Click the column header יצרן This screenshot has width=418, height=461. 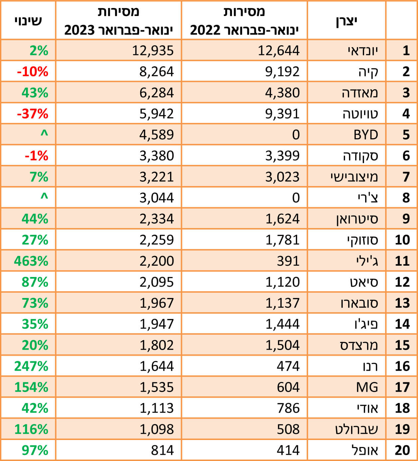pyautogui.click(x=346, y=21)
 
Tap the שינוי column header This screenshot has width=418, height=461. pyautogui.click(x=28, y=21)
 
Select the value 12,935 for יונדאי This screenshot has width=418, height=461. pyautogui.click(x=153, y=51)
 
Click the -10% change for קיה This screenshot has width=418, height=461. pyautogui.click(x=33, y=72)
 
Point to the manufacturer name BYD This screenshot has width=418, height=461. pyautogui.click(x=366, y=135)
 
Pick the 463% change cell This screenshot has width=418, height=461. pyautogui.click(x=31, y=261)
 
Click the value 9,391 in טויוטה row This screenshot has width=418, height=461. pyautogui.click(x=282, y=114)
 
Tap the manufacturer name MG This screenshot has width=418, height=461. pyautogui.click(x=367, y=387)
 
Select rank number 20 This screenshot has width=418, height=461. pyautogui.click(x=402, y=450)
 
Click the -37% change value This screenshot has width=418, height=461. pyautogui.click(x=33, y=114)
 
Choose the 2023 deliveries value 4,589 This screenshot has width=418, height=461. pyautogui.click(x=156, y=135)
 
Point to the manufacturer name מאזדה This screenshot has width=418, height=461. pyautogui.click(x=360, y=93)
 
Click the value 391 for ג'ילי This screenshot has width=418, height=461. pyautogui.click(x=288, y=261)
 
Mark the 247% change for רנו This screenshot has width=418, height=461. pyautogui.click(x=31, y=366)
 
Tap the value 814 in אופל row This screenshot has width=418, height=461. pyautogui.click(x=162, y=450)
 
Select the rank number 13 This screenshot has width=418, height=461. pyautogui.click(x=402, y=303)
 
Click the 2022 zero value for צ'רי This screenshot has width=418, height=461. pyautogui.click(x=296, y=198)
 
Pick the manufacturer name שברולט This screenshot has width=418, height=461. pyautogui.click(x=356, y=429)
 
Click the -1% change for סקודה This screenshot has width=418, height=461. pyautogui.click(x=36, y=156)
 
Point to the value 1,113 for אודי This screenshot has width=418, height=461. pyautogui.click(x=156, y=408)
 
